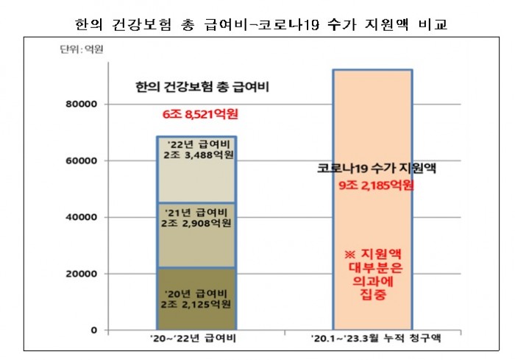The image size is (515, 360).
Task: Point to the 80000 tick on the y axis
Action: click(x=81, y=105)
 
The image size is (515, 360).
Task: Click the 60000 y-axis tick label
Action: click(x=81, y=160)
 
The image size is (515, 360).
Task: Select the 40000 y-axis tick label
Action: click(x=81, y=217)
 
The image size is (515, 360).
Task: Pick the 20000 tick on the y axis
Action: click(x=81, y=274)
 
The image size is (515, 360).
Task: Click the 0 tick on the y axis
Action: click(x=93, y=330)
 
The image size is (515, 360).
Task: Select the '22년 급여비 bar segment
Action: click(x=196, y=169)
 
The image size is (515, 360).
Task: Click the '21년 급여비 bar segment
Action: click(x=196, y=234)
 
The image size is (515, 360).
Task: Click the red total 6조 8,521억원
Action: click(x=201, y=114)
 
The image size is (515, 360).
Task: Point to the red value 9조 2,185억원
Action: click(x=374, y=184)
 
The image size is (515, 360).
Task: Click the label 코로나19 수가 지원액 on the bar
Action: click(x=373, y=168)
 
